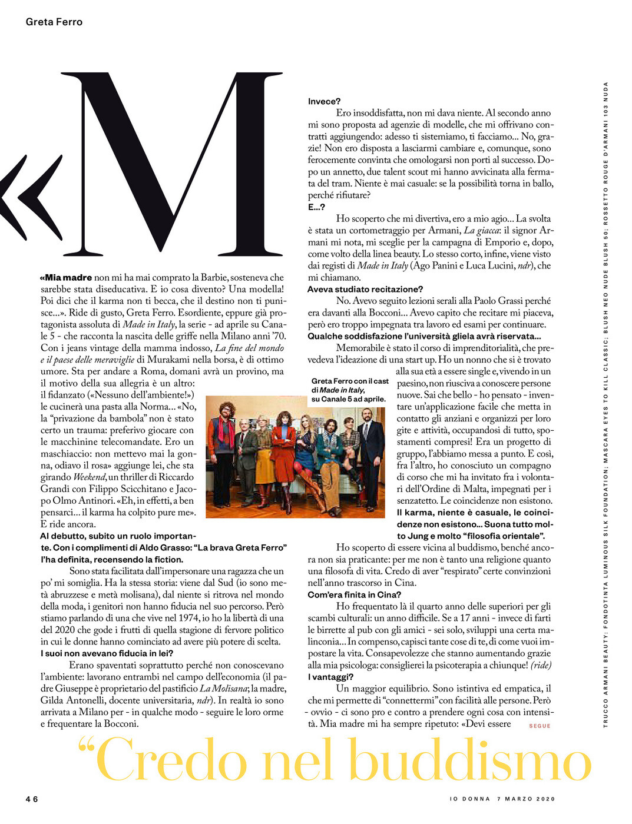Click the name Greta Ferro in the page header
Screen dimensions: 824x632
(x=54, y=22)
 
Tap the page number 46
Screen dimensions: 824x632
(x=32, y=799)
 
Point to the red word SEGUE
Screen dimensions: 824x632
(x=540, y=726)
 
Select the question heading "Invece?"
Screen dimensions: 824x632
(x=324, y=101)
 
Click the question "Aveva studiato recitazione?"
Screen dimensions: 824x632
(x=365, y=289)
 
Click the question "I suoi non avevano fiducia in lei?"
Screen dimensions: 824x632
(x=107, y=653)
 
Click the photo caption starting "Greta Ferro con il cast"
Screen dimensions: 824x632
(x=349, y=390)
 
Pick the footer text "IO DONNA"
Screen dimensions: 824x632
(x=469, y=799)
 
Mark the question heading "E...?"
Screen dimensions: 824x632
(x=316, y=207)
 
